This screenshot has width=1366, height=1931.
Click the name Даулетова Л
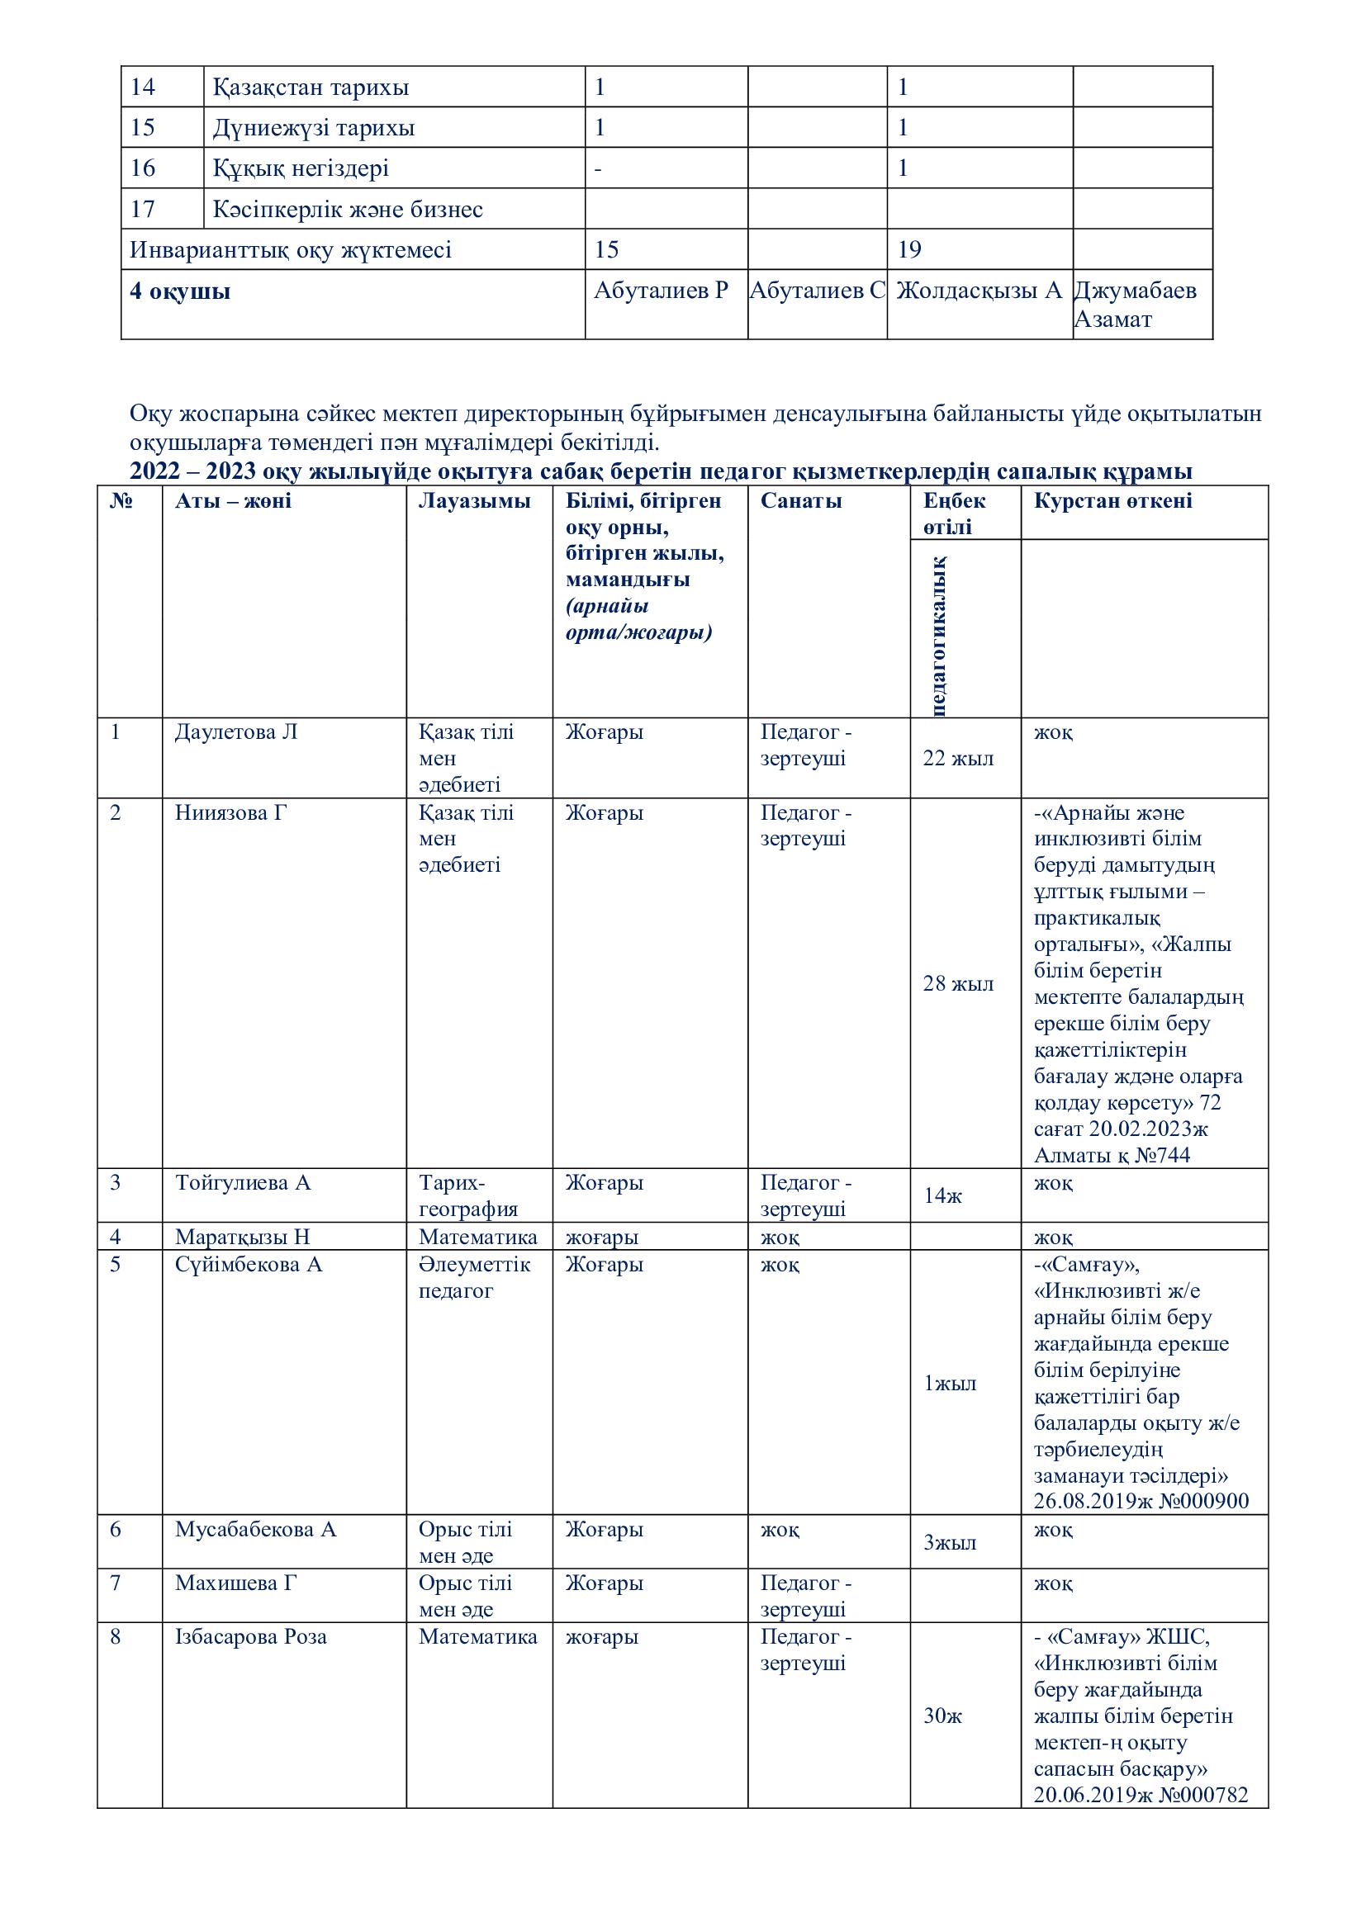[x=235, y=732]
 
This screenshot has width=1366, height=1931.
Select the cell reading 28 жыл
[x=958, y=983]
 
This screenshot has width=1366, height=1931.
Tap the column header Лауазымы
[x=474, y=501]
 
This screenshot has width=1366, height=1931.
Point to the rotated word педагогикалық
[x=938, y=636]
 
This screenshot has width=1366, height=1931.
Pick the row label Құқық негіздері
[x=301, y=168]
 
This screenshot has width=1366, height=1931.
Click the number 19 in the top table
[x=909, y=249]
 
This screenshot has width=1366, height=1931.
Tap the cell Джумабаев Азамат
[x=1136, y=305]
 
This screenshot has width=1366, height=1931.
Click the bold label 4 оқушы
[x=180, y=291]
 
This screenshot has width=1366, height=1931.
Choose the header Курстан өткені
[x=1112, y=501]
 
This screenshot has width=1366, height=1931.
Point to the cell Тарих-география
[x=467, y=1196]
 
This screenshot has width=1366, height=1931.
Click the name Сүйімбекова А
[x=248, y=1265]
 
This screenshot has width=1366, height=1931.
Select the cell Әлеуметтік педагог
[x=474, y=1277]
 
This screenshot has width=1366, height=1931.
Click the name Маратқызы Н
[x=242, y=1238]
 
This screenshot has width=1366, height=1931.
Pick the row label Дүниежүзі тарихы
[x=313, y=128]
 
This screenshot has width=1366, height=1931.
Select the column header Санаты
[x=801, y=501]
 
